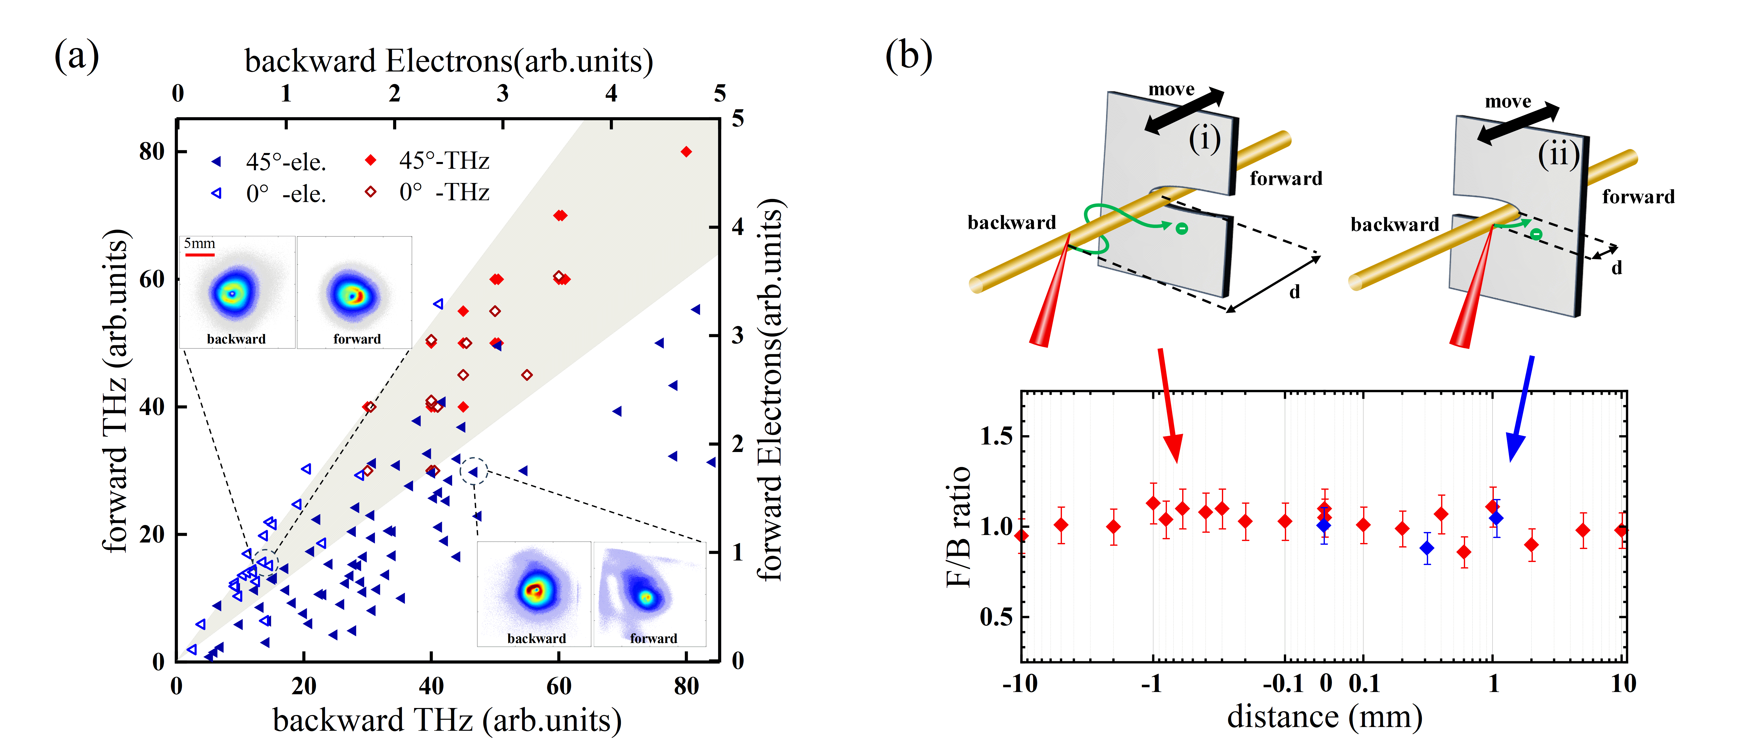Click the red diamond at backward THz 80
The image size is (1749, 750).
click(x=686, y=151)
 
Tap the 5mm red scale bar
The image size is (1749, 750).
click(x=200, y=255)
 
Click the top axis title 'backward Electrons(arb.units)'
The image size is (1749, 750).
click(x=448, y=61)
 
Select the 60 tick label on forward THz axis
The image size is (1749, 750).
click(x=152, y=279)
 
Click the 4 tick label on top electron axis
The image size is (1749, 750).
click(x=611, y=93)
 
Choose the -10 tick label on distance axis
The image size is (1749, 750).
click(x=1020, y=683)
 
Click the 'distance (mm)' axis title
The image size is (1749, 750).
click(x=1324, y=717)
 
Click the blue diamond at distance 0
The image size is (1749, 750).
click(x=1323, y=525)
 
